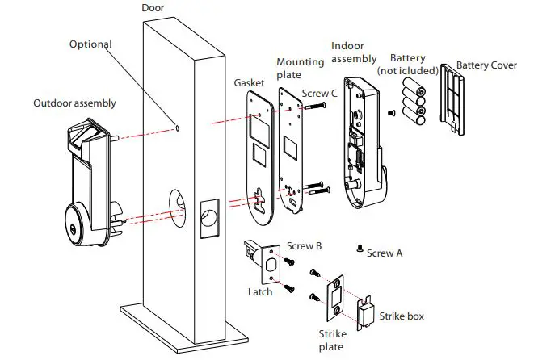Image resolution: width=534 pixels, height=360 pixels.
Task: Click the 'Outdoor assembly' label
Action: tap(74, 103)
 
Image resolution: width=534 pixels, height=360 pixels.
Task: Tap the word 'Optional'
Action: tap(90, 44)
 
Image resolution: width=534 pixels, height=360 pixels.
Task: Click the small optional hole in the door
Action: tap(177, 128)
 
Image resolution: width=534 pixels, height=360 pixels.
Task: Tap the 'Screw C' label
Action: tap(321, 94)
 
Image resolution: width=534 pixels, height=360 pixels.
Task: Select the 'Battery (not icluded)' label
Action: tap(407, 65)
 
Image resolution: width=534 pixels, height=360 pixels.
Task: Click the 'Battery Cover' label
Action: tap(487, 65)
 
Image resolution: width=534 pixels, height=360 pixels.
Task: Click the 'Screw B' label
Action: tap(305, 245)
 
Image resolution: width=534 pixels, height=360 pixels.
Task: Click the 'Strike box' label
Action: tap(402, 316)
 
